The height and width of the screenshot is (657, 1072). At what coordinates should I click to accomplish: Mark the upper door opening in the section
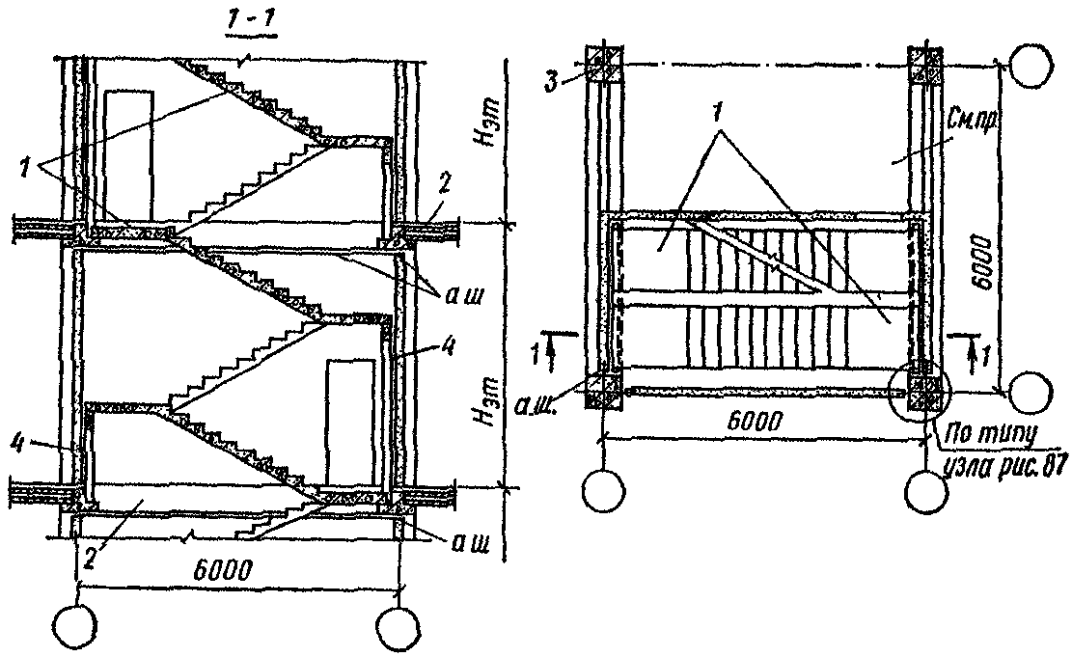(x=128, y=151)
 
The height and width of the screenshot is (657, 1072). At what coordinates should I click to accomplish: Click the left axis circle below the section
(x=76, y=627)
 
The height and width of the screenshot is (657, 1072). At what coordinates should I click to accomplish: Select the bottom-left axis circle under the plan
(x=604, y=492)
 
